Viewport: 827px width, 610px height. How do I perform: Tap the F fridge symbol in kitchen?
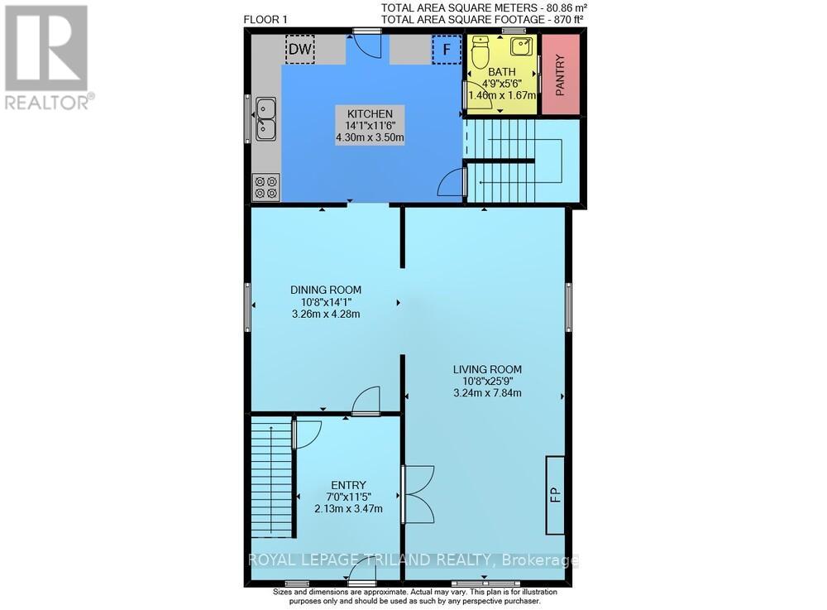447,50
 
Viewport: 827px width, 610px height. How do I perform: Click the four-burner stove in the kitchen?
266,187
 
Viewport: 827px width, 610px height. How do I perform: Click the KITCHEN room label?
363,113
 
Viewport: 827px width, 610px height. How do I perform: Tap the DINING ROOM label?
325,290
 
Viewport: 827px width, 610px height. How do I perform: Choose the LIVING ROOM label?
486,369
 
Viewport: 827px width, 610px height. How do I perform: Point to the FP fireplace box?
556,494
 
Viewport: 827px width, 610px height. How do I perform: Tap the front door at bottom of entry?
362,575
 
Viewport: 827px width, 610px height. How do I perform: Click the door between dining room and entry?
364,402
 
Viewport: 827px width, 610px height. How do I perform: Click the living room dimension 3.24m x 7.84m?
486,393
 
